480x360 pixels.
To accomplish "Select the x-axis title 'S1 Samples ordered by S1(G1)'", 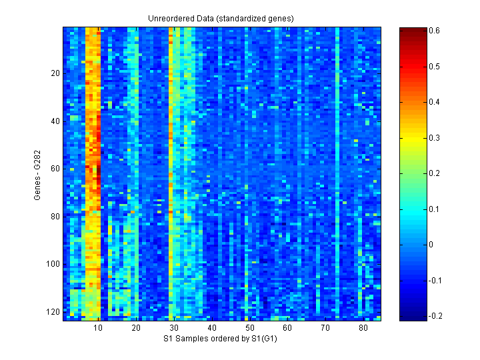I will pos(221,339).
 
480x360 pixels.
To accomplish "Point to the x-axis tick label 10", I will pos(99,329).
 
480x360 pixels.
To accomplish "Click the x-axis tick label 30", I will pos(174,329).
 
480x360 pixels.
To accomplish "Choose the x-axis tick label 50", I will pos(250,329).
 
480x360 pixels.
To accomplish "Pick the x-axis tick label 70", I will pos(325,329).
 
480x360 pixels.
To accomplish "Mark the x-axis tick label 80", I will pos(363,329).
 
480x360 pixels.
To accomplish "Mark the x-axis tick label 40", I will pos(212,329).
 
